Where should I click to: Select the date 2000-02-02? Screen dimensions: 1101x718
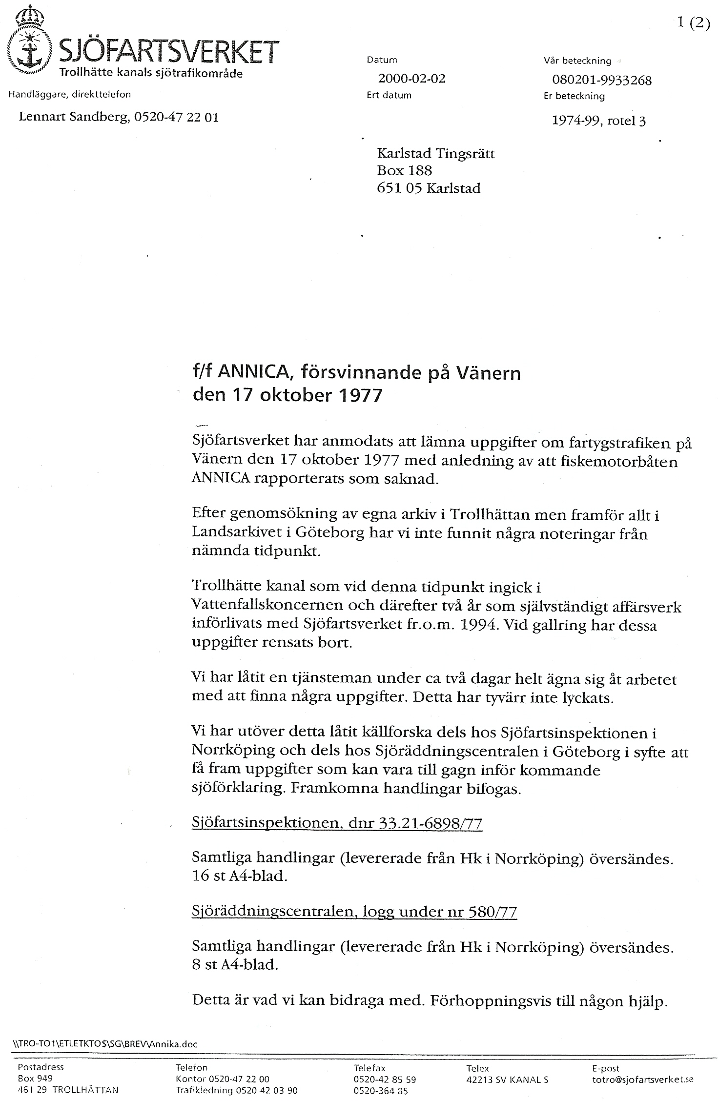coord(411,79)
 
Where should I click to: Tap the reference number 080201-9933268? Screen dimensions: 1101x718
coord(601,80)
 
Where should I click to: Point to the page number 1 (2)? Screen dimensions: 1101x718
coord(693,23)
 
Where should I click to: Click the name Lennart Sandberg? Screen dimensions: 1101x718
coord(73,117)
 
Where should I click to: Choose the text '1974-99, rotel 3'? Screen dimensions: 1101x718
coord(598,121)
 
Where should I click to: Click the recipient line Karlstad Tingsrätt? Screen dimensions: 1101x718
coord(435,154)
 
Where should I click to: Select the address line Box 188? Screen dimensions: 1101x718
coord(404,170)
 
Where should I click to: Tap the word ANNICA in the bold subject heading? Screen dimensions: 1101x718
coord(253,373)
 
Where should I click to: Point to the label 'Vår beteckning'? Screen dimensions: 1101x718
coord(577,61)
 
